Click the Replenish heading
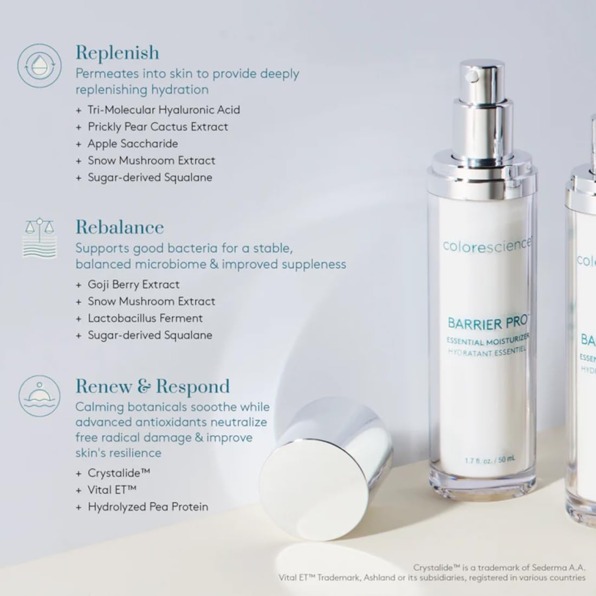click(118, 53)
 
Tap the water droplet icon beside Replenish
click(39, 65)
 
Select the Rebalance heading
click(120, 227)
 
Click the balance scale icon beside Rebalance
click(40, 237)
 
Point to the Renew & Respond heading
click(153, 386)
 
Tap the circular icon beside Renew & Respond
click(39, 396)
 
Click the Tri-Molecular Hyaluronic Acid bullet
click(164, 110)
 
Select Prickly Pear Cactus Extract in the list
click(158, 127)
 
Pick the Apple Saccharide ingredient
click(133, 144)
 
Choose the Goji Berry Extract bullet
click(133, 284)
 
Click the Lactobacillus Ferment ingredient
click(145, 318)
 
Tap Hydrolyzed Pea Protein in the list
click(148, 507)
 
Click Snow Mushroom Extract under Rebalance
click(151, 301)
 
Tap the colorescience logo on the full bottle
click(486, 245)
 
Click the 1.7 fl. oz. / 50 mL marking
click(490, 460)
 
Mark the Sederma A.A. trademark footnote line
click(499, 568)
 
